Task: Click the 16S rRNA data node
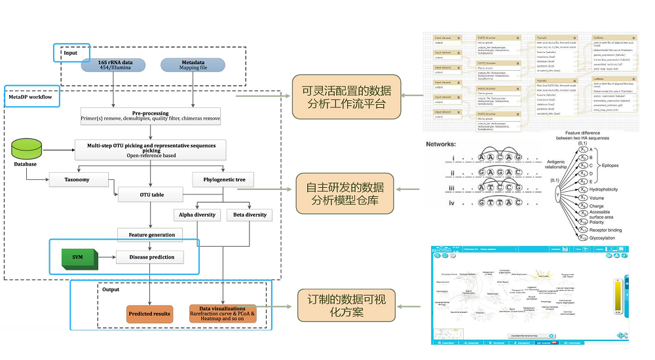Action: point(114,65)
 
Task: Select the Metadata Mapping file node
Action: point(194,65)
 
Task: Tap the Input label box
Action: point(71,52)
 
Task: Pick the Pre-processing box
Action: point(151,116)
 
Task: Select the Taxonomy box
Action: point(77,179)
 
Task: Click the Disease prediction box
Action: point(151,257)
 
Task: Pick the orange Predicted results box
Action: point(150,314)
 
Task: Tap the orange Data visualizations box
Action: point(222,314)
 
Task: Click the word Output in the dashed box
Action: point(110,289)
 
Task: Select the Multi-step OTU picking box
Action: point(151,149)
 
